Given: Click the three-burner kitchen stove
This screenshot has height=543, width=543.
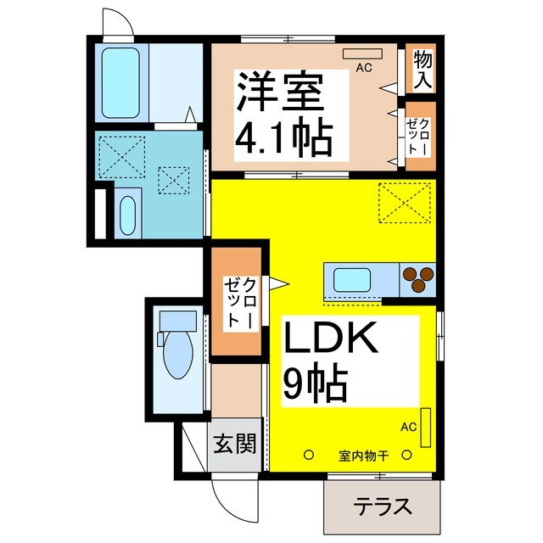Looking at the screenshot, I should tap(417, 278).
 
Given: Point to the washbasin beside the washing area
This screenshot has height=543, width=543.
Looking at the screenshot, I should tap(127, 216).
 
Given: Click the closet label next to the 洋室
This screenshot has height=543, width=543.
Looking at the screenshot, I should tap(419, 136).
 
